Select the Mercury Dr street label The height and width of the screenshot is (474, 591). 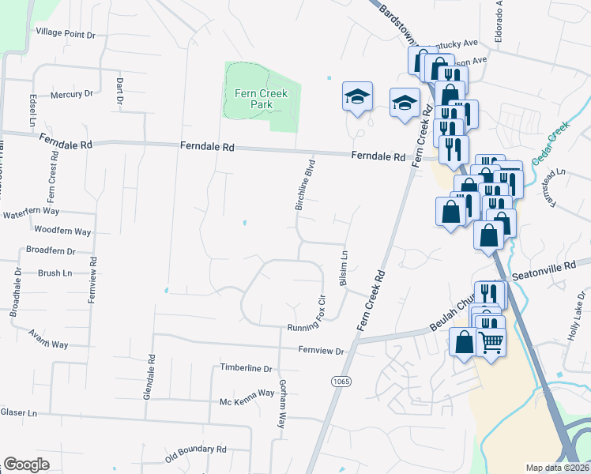tap(71, 94)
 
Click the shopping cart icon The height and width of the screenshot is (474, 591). tap(491, 343)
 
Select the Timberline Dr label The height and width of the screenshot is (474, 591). tap(246, 368)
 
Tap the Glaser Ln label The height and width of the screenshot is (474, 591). tap(19, 412)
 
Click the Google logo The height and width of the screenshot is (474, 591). tap(26, 465)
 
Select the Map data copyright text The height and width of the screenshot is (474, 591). tap(557, 468)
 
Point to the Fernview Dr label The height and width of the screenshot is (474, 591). tap(322, 350)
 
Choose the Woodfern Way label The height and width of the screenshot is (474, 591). tap(63, 231)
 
